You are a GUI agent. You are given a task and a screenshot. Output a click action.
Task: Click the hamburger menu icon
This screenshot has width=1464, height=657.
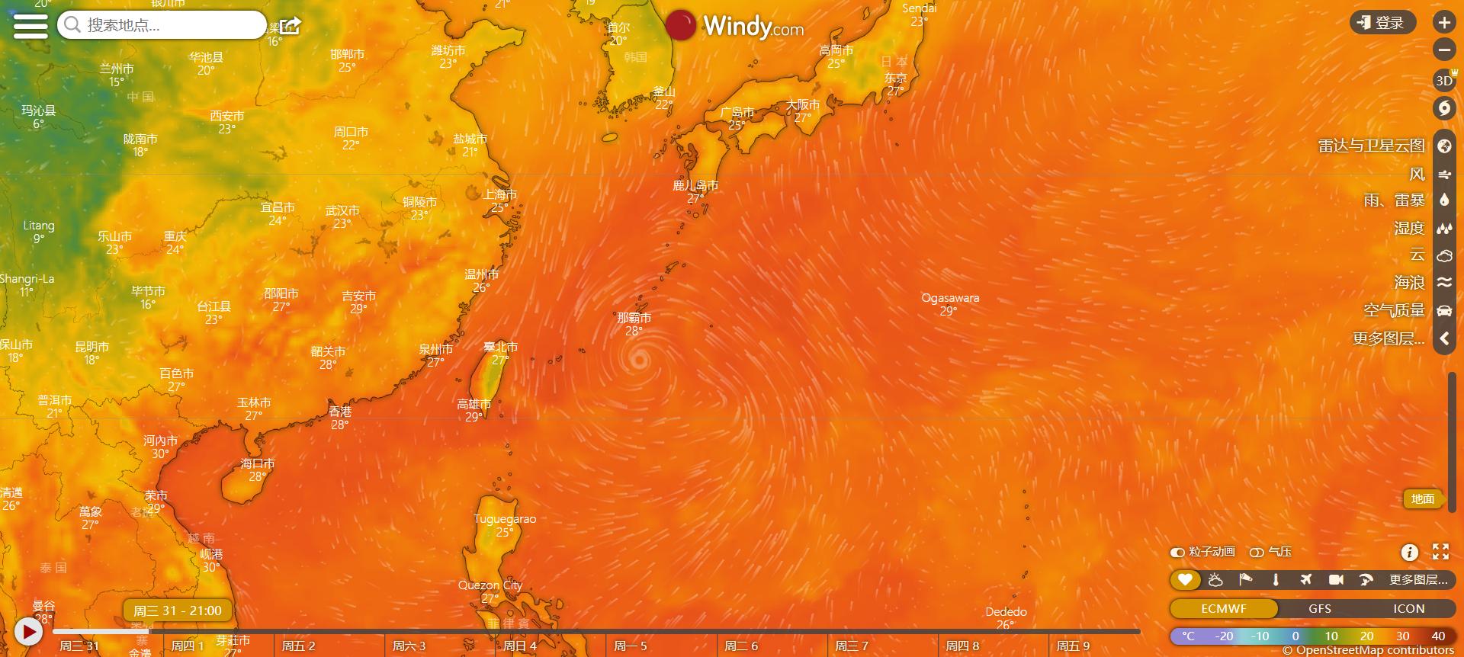30,25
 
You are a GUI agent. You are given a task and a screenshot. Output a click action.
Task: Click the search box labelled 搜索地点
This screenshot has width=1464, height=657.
162,25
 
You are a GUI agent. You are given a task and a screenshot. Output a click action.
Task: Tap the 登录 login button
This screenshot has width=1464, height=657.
1382,23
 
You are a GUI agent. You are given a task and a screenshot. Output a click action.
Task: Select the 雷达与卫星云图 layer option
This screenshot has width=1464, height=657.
1371,146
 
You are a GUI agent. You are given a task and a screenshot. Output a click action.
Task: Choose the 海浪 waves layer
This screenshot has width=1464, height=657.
1409,283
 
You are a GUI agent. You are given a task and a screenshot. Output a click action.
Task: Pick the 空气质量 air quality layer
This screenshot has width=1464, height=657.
1394,310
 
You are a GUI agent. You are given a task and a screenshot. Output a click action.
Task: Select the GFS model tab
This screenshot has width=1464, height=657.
1319,608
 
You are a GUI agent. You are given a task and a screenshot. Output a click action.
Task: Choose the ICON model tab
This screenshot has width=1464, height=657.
1408,608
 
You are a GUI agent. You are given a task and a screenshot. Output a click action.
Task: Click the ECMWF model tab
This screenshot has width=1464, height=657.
1223,608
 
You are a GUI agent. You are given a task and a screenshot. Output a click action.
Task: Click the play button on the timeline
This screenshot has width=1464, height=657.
29,631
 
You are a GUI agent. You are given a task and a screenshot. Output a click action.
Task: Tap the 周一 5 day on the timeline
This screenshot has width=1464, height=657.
630,646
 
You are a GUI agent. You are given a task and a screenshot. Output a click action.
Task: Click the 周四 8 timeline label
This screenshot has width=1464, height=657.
962,646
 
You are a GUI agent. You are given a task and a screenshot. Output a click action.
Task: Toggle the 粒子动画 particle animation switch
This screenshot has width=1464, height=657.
1178,552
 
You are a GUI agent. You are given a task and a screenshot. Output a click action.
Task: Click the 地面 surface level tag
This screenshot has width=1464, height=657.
1422,498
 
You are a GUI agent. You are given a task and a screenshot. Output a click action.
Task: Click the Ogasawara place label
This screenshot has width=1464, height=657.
950,298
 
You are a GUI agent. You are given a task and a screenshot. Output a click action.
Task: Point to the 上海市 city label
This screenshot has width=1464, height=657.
499,195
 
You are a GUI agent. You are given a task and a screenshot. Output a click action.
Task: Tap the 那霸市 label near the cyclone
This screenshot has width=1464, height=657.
634,318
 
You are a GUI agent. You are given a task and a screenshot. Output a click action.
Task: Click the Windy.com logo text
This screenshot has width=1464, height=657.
753,27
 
